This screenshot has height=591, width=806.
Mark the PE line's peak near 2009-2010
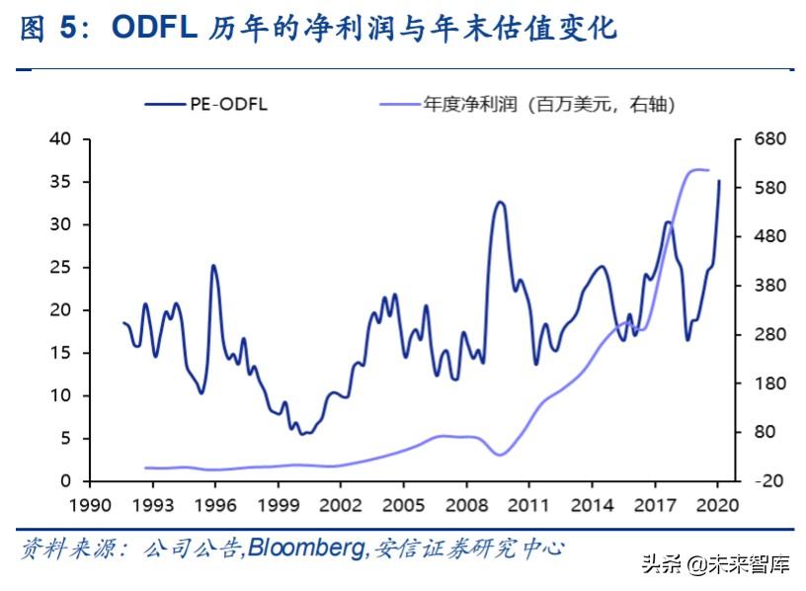500,202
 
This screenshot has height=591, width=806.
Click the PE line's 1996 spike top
213,265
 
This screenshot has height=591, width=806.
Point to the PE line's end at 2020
719,181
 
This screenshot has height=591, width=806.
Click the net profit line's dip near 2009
500,456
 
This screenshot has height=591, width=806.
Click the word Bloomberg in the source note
305,548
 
